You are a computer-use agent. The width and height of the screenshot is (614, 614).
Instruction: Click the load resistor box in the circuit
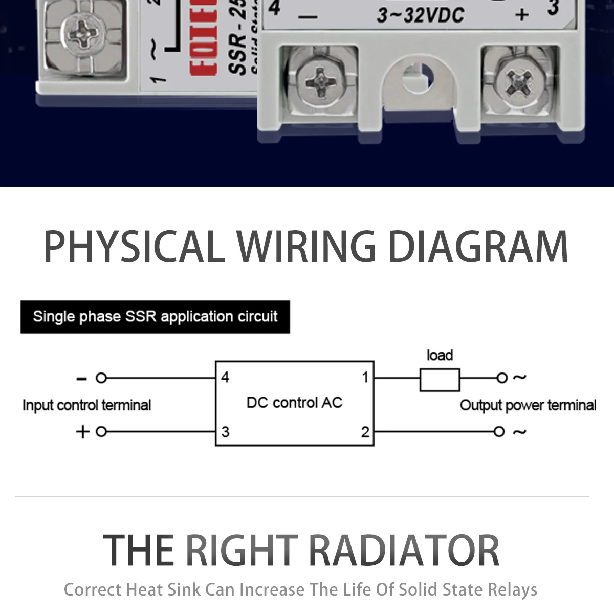pyautogui.click(x=440, y=380)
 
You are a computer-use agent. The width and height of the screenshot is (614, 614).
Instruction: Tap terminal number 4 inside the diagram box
pyautogui.click(x=225, y=378)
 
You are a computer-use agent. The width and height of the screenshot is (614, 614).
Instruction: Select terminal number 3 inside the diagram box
pyautogui.click(x=225, y=432)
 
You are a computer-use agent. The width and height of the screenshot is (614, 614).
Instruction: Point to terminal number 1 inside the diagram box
pyautogui.click(x=365, y=378)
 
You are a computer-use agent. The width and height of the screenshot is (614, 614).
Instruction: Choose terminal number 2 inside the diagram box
pyautogui.click(x=365, y=432)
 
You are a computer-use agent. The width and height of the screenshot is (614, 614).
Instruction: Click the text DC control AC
pyautogui.click(x=294, y=403)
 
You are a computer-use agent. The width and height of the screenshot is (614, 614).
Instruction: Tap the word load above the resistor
pyautogui.click(x=440, y=355)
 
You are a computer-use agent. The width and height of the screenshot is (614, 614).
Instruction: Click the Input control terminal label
pyautogui.click(x=86, y=405)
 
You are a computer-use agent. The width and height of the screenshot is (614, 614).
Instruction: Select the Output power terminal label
pyautogui.click(x=528, y=405)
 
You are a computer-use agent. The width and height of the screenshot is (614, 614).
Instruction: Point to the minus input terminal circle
pyautogui.click(x=101, y=378)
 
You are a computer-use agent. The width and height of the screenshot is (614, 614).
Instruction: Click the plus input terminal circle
pyautogui.click(x=101, y=432)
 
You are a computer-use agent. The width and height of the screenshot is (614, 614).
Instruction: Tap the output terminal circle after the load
pyautogui.click(x=501, y=378)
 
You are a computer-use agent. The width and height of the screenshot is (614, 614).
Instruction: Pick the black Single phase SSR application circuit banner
pyautogui.click(x=155, y=317)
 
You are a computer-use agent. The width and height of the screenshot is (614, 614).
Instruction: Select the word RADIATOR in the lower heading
pyautogui.click(x=404, y=551)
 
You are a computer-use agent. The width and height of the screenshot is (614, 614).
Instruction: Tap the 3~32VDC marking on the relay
pyautogui.click(x=421, y=15)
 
